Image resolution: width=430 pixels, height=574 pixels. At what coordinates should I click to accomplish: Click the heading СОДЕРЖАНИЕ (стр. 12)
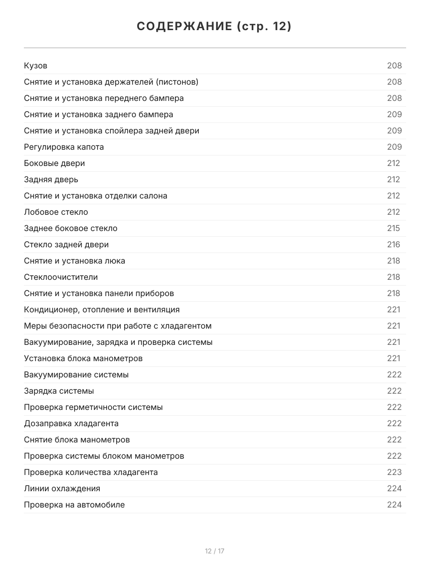[215, 27]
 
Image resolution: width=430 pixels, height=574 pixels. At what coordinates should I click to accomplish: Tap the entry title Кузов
[36, 66]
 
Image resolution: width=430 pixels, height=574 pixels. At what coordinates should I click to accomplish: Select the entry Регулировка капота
[64, 147]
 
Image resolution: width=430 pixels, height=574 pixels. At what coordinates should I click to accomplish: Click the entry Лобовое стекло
[56, 212]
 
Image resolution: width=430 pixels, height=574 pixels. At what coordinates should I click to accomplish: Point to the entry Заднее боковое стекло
[71, 228]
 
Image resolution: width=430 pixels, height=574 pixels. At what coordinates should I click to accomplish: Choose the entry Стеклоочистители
[61, 277]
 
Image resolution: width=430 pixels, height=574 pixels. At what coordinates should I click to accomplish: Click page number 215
[394, 228]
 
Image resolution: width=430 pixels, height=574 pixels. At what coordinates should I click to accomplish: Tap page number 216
[394, 244]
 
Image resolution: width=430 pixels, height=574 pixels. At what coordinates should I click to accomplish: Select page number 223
[394, 472]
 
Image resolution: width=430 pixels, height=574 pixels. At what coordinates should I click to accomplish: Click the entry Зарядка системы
[59, 391]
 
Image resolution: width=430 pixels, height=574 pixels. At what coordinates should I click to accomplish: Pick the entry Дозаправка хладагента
[71, 423]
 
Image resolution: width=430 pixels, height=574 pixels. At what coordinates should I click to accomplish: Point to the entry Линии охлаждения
[62, 488]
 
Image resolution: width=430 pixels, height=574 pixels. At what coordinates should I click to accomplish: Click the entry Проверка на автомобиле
[74, 505]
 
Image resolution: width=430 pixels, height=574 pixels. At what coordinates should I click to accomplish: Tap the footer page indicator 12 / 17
[215, 551]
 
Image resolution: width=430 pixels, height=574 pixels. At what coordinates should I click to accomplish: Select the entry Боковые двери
[54, 163]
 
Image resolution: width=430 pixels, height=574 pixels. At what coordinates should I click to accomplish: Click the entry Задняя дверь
[51, 179]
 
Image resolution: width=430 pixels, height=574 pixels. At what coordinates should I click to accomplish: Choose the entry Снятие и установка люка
[75, 261]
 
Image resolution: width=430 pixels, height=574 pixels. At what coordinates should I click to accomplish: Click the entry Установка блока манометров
[83, 358]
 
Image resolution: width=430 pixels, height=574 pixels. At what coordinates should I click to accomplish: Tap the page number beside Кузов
[394, 66]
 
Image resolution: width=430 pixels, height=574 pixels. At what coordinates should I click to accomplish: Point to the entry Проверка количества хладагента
[91, 472]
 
